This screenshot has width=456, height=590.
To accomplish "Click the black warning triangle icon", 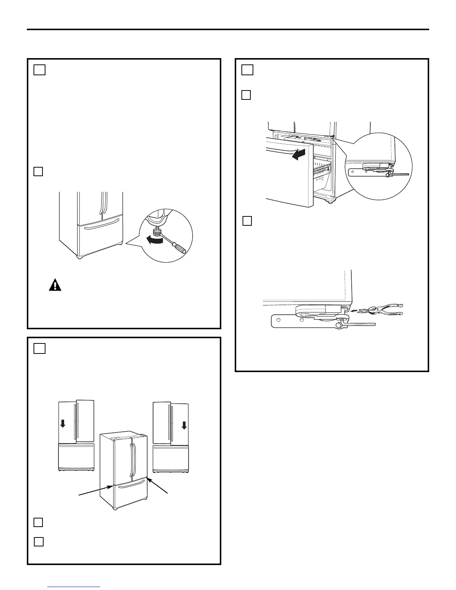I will [55, 285].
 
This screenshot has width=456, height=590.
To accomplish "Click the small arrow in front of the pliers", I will [354, 309].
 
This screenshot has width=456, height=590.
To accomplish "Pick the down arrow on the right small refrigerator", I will [184, 425].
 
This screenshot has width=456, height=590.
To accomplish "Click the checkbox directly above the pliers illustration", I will [247, 221].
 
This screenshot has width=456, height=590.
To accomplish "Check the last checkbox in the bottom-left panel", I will [39, 542].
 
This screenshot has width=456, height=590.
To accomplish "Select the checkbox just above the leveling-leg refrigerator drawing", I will [38, 171].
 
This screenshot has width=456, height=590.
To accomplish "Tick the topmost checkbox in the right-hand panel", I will [247, 70].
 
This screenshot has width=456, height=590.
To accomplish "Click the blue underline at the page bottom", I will [75, 587].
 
